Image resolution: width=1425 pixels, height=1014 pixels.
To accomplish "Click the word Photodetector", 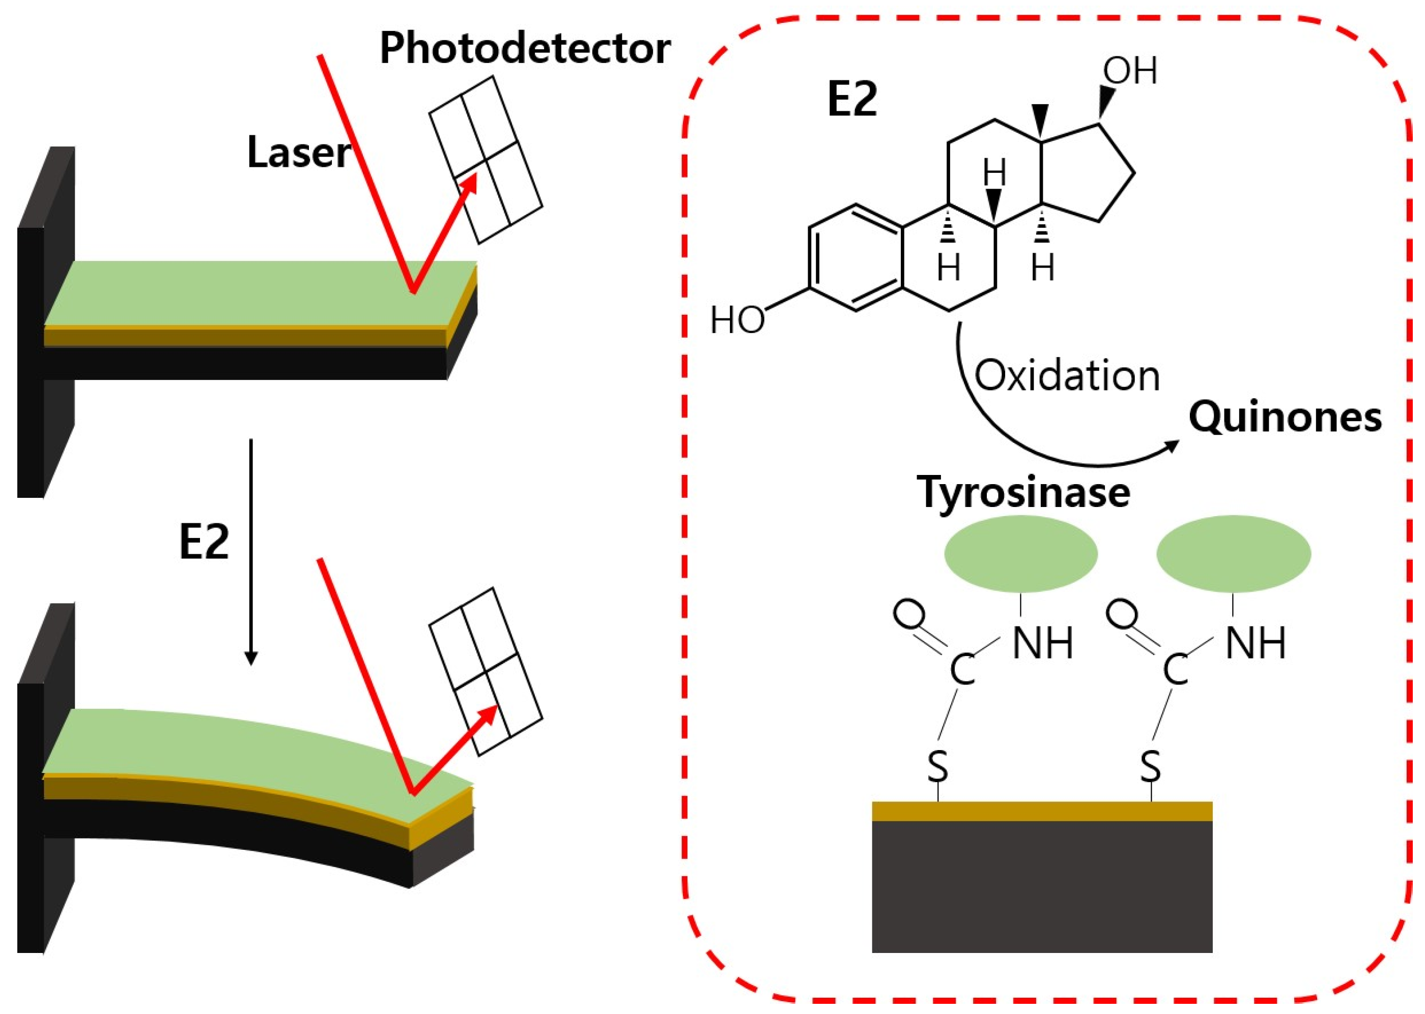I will point(525,49).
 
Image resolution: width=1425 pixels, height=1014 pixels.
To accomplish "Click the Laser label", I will point(299,153).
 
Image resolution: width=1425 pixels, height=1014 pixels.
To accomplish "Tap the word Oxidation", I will point(1066,376).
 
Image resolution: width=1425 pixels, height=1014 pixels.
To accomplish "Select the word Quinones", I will point(1285,416).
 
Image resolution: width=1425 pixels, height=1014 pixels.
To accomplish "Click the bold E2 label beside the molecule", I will point(852,100).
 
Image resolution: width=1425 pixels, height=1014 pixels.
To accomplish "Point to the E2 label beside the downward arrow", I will point(204,542).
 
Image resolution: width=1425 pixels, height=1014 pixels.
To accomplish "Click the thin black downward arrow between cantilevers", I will point(250,549).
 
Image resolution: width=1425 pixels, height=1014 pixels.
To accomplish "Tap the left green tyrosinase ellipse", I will point(1021,553).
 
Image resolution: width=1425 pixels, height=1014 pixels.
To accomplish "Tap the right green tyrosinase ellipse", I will point(1233,553).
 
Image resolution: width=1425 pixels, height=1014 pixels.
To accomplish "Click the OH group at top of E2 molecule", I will point(1129,71).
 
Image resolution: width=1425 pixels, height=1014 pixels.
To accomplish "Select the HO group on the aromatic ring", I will point(737,320).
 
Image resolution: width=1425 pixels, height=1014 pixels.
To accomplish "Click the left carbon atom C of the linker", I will point(962,670).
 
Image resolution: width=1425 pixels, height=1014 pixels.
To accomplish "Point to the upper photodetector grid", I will point(486,159).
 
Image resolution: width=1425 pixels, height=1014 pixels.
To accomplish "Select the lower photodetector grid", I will point(486,671).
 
